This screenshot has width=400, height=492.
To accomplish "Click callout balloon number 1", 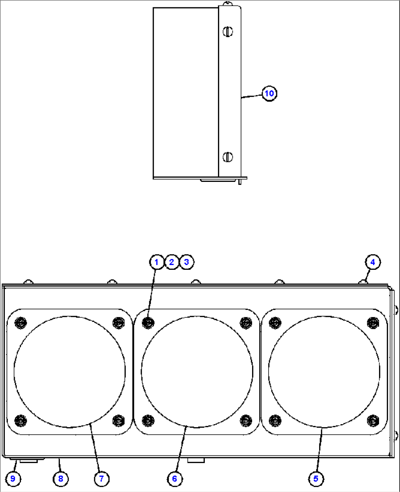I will click(157, 262).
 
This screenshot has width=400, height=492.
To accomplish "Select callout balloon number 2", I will click(172, 262).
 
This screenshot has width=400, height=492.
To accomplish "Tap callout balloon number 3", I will click(186, 262).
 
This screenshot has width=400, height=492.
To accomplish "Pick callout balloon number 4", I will click(373, 262).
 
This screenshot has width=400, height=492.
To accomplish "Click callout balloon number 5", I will click(316, 478).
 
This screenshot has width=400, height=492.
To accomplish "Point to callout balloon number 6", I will click(174, 478).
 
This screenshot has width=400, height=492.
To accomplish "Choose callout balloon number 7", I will click(101, 478).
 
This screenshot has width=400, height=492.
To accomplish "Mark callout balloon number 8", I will click(61, 478).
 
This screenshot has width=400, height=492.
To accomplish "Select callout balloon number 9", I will click(13, 478).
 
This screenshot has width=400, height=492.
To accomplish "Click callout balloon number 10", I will click(269, 93).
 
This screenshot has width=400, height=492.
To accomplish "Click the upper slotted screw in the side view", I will click(228, 32).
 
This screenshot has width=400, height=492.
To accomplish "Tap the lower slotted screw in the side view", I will click(228, 157).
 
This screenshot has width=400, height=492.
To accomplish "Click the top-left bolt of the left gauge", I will click(21, 323).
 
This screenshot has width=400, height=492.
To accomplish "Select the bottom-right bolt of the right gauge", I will click(373, 420).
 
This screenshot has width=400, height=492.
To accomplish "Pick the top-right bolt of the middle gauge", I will click(246, 323).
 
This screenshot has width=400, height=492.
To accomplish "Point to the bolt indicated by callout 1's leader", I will click(148, 323).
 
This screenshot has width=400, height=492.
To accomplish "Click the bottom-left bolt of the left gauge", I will click(21, 420).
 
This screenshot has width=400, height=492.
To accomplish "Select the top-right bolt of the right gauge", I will click(373, 323).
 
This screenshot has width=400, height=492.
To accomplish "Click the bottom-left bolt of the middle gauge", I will click(148, 420).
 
